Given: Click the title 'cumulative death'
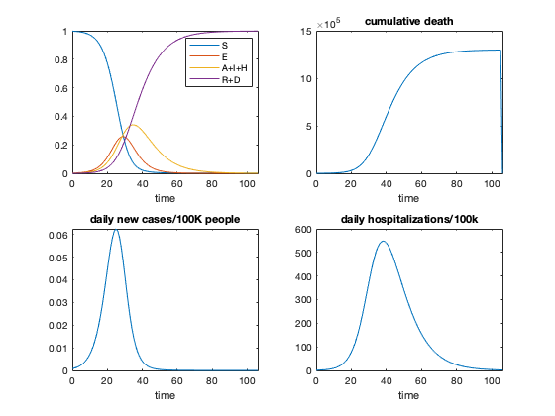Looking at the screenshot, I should coord(408,21).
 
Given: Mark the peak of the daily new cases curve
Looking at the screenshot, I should coord(116,230).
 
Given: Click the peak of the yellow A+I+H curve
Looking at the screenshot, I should coord(132,125).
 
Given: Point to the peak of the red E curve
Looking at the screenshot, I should coord(122,137).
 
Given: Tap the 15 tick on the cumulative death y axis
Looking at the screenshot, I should coord(307,32).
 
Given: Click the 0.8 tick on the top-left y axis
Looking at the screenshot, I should coord(59,60).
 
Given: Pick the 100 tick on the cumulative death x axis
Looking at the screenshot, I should coord(492,183).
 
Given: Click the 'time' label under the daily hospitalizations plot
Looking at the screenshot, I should coord(408,395).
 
